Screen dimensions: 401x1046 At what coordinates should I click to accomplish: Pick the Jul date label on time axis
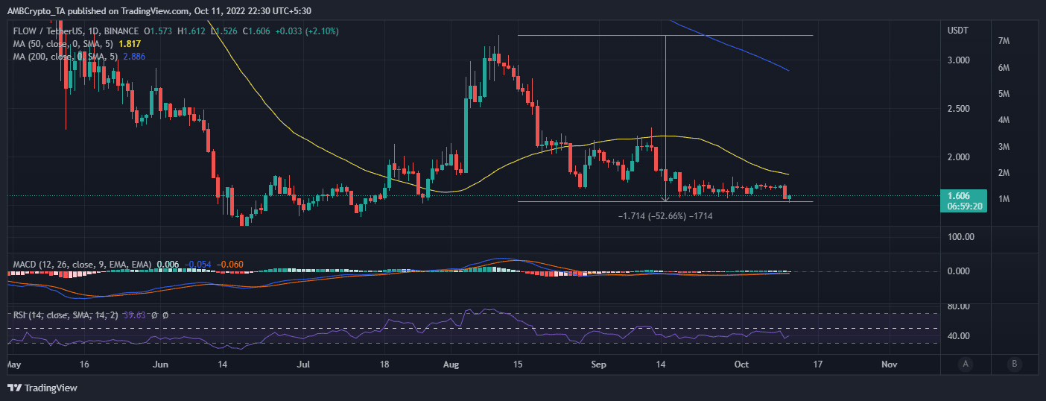click(x=303, y=364)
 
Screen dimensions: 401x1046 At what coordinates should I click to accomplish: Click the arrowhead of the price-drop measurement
click(x=665, y=199)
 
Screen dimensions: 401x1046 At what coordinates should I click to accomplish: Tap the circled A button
click(x=966, y=364)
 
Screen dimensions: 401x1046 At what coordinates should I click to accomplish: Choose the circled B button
click(x=1014, y=364)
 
